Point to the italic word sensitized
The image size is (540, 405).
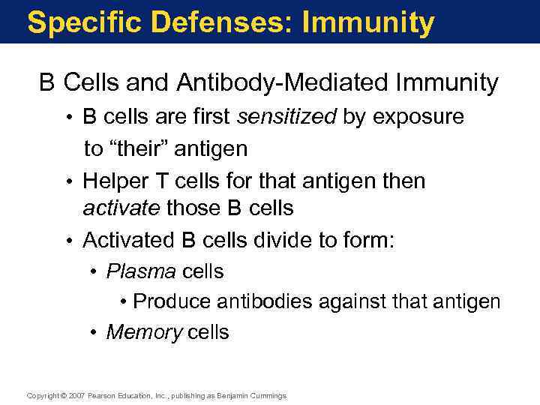coord(287,117)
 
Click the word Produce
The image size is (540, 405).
coord(172,301)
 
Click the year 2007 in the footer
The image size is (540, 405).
coord(76,395)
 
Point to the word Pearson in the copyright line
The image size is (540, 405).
coord(101,395)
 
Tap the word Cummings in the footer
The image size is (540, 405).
coord(268,395)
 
